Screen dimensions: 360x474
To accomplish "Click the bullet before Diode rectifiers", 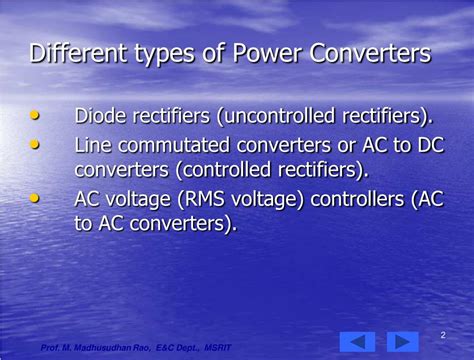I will click(36, 116).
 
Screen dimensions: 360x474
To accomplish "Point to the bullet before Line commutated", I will click(36, 145).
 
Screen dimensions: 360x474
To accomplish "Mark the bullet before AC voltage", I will click(36, 198).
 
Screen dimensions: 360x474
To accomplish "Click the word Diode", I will click(101, 117).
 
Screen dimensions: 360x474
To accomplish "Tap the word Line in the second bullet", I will click(94, 146).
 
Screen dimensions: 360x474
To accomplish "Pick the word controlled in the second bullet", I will click(238, 170).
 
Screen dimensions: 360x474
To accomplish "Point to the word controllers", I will click(356, 199).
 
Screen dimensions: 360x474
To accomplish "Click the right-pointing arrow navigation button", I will click(402, 341).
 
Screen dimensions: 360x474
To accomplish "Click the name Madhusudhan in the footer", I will click(105, 347).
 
